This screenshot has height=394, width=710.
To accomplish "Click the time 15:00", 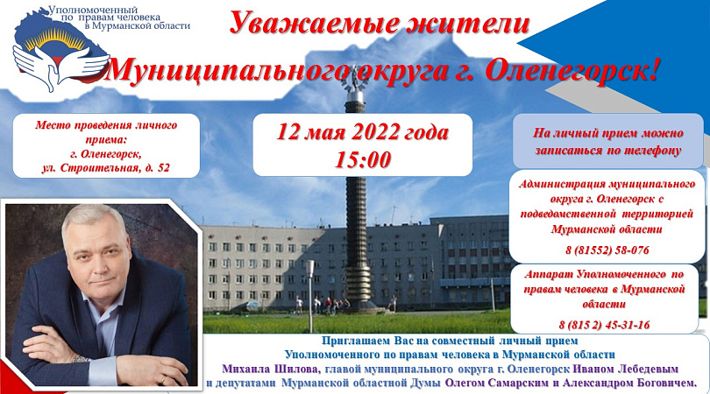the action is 362,159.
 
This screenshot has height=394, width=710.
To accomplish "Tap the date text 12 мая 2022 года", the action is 362,132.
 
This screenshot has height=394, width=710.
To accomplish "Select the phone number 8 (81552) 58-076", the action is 607,250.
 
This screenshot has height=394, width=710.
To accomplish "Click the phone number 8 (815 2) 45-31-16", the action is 604,325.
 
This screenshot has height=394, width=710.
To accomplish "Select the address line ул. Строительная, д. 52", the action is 105,168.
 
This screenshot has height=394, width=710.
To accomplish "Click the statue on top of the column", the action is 354,80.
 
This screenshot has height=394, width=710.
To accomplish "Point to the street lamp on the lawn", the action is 310,294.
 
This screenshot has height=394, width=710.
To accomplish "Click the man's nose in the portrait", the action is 94,263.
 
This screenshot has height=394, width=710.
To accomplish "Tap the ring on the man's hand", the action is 163,378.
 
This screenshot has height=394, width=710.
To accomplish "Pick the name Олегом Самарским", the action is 496,383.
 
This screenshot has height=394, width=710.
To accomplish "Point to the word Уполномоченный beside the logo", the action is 93,10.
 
